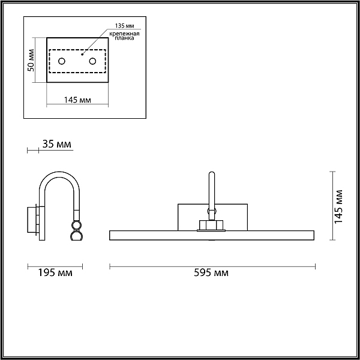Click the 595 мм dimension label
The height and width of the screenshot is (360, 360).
click(211, 273)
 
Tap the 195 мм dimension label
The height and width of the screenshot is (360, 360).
click(55, 273)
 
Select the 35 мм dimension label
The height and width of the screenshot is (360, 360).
click(57, 144)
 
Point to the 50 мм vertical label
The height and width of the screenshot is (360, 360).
click(31, 60)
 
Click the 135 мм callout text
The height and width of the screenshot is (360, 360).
click(124, 26)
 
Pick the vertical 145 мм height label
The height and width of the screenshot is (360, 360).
click(338, 206)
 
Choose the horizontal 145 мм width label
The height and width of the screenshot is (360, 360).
click(77, 100)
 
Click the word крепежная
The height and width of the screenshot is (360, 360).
click(124, 34)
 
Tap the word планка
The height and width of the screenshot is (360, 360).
click(124, 38)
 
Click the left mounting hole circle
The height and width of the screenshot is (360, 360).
click(62, 61)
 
